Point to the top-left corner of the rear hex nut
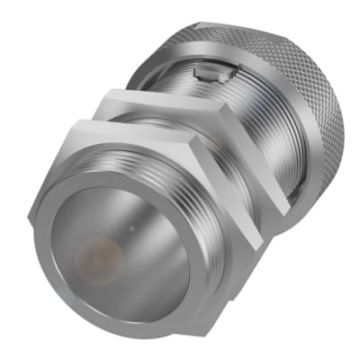[106, 90]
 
